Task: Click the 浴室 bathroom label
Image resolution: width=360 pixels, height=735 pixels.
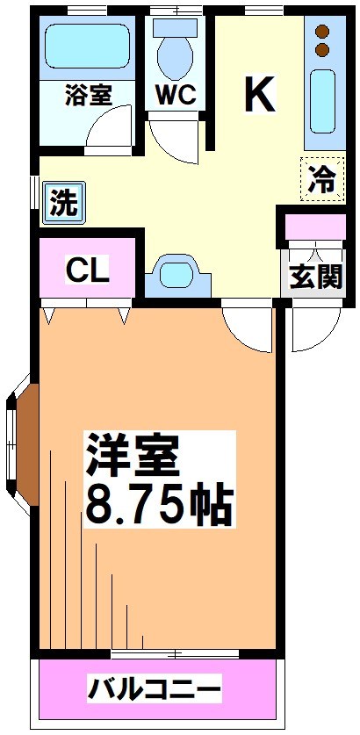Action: [x=88, y=95]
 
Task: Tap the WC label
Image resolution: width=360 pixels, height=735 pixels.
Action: [x=176, y=95]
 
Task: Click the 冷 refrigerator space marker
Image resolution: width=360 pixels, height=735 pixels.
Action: [x=322, y=179]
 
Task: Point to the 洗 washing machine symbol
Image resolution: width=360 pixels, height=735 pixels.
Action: [x=62, y=204]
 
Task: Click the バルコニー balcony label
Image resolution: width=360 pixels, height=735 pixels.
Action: [x=154, y=689]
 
